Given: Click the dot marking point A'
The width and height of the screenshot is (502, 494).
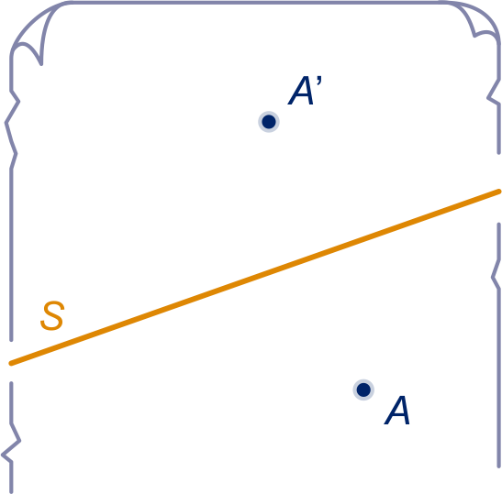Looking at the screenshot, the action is click(x=269, y=122).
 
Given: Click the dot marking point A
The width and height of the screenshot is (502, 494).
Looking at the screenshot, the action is click(x=363, y=390).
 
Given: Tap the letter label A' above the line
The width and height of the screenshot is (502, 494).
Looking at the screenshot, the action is click(x=305, y=90).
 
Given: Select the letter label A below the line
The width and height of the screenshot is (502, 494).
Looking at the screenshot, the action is click(x=397, y=411).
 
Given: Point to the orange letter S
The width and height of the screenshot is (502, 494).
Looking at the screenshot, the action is click(x=52, y=315).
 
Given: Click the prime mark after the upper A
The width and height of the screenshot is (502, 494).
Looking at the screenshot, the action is click(x=318, y=81).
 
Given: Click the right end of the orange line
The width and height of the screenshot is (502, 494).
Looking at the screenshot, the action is click(x=499, y=192).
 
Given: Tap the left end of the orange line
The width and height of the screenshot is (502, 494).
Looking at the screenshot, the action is click(x=11, y=363).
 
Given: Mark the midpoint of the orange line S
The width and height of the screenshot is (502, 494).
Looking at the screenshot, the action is click(x=255, y=277).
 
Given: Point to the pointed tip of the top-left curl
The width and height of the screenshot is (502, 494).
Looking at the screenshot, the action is click(x=41, y=64).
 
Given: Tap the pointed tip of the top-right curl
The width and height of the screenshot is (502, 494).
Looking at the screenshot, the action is click(x=474, y=36).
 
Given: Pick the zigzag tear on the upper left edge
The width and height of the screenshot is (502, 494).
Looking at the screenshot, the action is click(x=12, y=128).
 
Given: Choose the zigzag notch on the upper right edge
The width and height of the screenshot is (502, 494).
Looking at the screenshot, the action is click(x=494, y=97).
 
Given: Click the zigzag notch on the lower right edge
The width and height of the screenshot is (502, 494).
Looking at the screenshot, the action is click(x=496, y=276).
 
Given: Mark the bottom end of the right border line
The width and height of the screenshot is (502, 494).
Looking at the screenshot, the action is click(x=499, y=467).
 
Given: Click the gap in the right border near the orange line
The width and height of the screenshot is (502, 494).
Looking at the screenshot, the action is click(x=499, y=189).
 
